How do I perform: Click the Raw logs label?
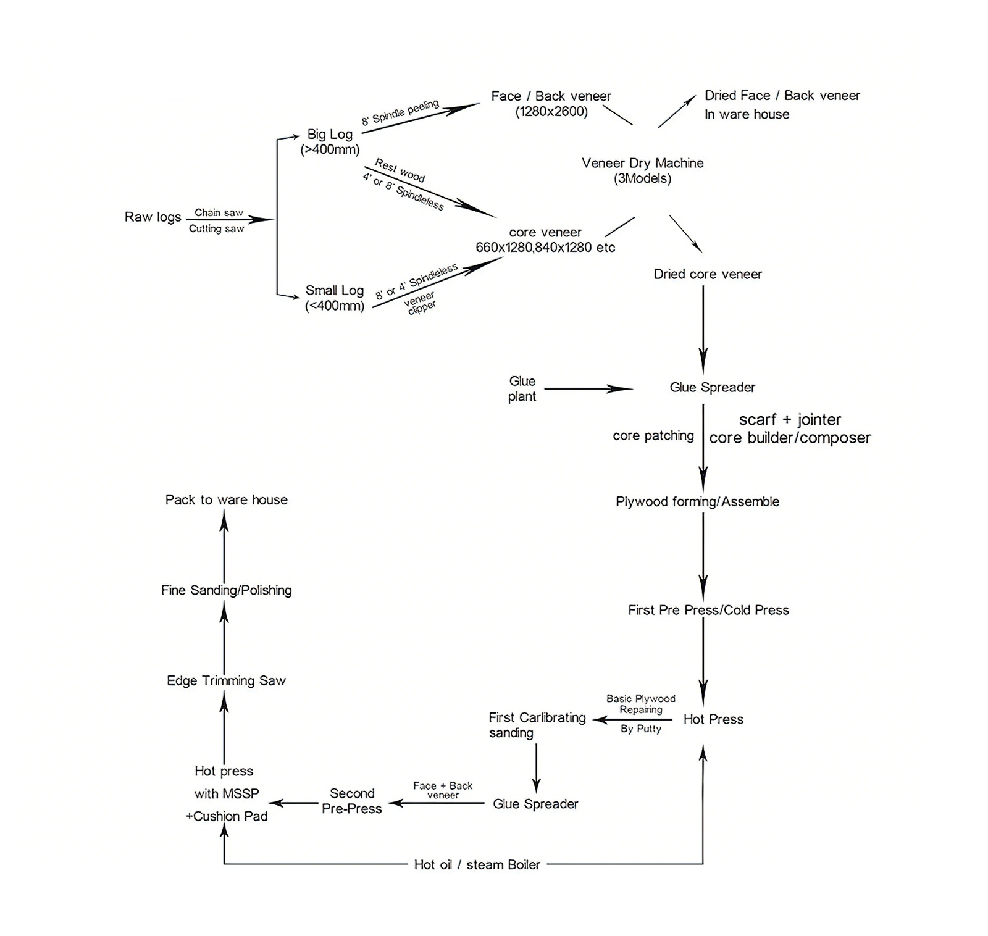tap(153, 217)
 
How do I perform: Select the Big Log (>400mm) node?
tap(330, 141)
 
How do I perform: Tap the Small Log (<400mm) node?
tap(335, 298)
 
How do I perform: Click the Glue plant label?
tap(522, 389)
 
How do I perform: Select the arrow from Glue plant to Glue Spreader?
tap(588, 389)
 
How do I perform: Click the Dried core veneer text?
tap(708, 274)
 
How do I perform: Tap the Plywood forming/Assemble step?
tap(697, 501)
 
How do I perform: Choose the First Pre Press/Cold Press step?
tap(708, 610)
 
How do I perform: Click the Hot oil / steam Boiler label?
tap(477, 864)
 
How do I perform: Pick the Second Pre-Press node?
tap(352, 801)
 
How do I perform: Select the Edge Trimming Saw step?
tap(226, 680)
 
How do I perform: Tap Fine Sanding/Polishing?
tap(226, 590)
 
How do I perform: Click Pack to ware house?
tap(226, 499)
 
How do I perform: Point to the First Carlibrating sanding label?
tap(537, 725)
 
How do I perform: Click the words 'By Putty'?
tap(641, 729)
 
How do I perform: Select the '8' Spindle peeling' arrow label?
tap(400, 112)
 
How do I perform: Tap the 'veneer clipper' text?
tap(421, 303)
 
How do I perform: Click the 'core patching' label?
tap(653, 436)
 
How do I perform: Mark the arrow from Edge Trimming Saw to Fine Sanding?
tap(224, 635)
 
